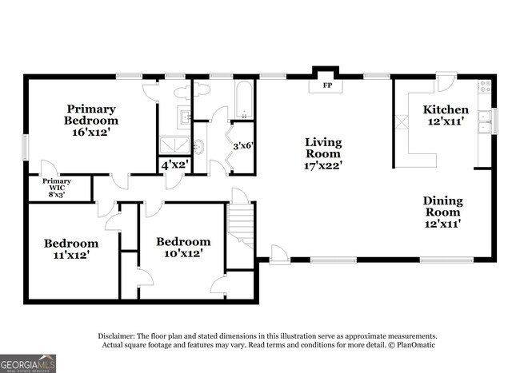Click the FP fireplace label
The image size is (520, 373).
(x=326, y=85)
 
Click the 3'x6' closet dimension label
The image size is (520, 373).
(x=242, y=146)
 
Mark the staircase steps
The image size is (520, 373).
(x=242, y=224)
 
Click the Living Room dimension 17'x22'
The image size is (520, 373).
(x=323, y=165)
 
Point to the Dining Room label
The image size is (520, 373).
(x=442, y=207)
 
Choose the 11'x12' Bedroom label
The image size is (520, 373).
(x=71, y=255)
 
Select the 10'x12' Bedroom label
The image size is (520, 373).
(x=183, y=252)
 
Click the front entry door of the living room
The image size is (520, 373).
(x=279, y=255)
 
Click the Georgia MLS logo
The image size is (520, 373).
(x=28, y=363)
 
